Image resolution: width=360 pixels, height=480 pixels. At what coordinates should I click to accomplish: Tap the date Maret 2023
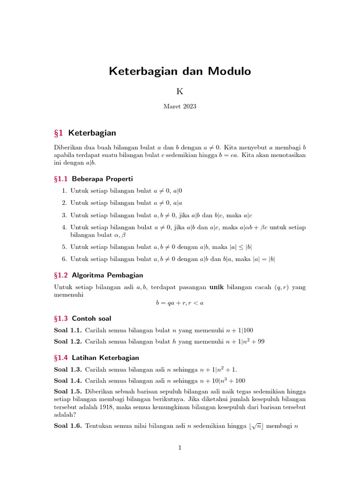pyautogui.click(x=180, y=106)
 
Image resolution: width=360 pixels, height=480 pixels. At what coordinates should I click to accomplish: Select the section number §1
pyautogui.click(x=61, y=133)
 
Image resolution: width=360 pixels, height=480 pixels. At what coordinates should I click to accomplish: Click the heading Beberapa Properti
pyautogui.click(x=102, y=179)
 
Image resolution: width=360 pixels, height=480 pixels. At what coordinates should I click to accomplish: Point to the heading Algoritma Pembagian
pyautogui.click(x=107, y=275)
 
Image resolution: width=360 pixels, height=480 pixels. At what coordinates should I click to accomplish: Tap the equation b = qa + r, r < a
pyautogui.click(x=180, y=303)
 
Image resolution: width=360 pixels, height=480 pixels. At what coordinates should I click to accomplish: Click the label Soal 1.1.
pyautogui.click(x=68, y=330)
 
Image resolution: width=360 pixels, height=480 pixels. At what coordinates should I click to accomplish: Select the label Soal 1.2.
pyautogui.click(x=68, y=341)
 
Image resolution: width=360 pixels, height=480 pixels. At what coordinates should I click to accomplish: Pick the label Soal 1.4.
pyautogui.click(x=68, y=381)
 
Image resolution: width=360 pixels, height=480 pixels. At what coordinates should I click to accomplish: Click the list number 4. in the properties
pyautogui.click(x=65, y=227)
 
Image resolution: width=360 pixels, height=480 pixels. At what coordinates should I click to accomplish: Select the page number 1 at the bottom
pyautogui.click(x=180, y=448)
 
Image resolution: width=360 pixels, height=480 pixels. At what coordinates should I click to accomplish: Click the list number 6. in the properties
pyautogui.click(x=65, y=259)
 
